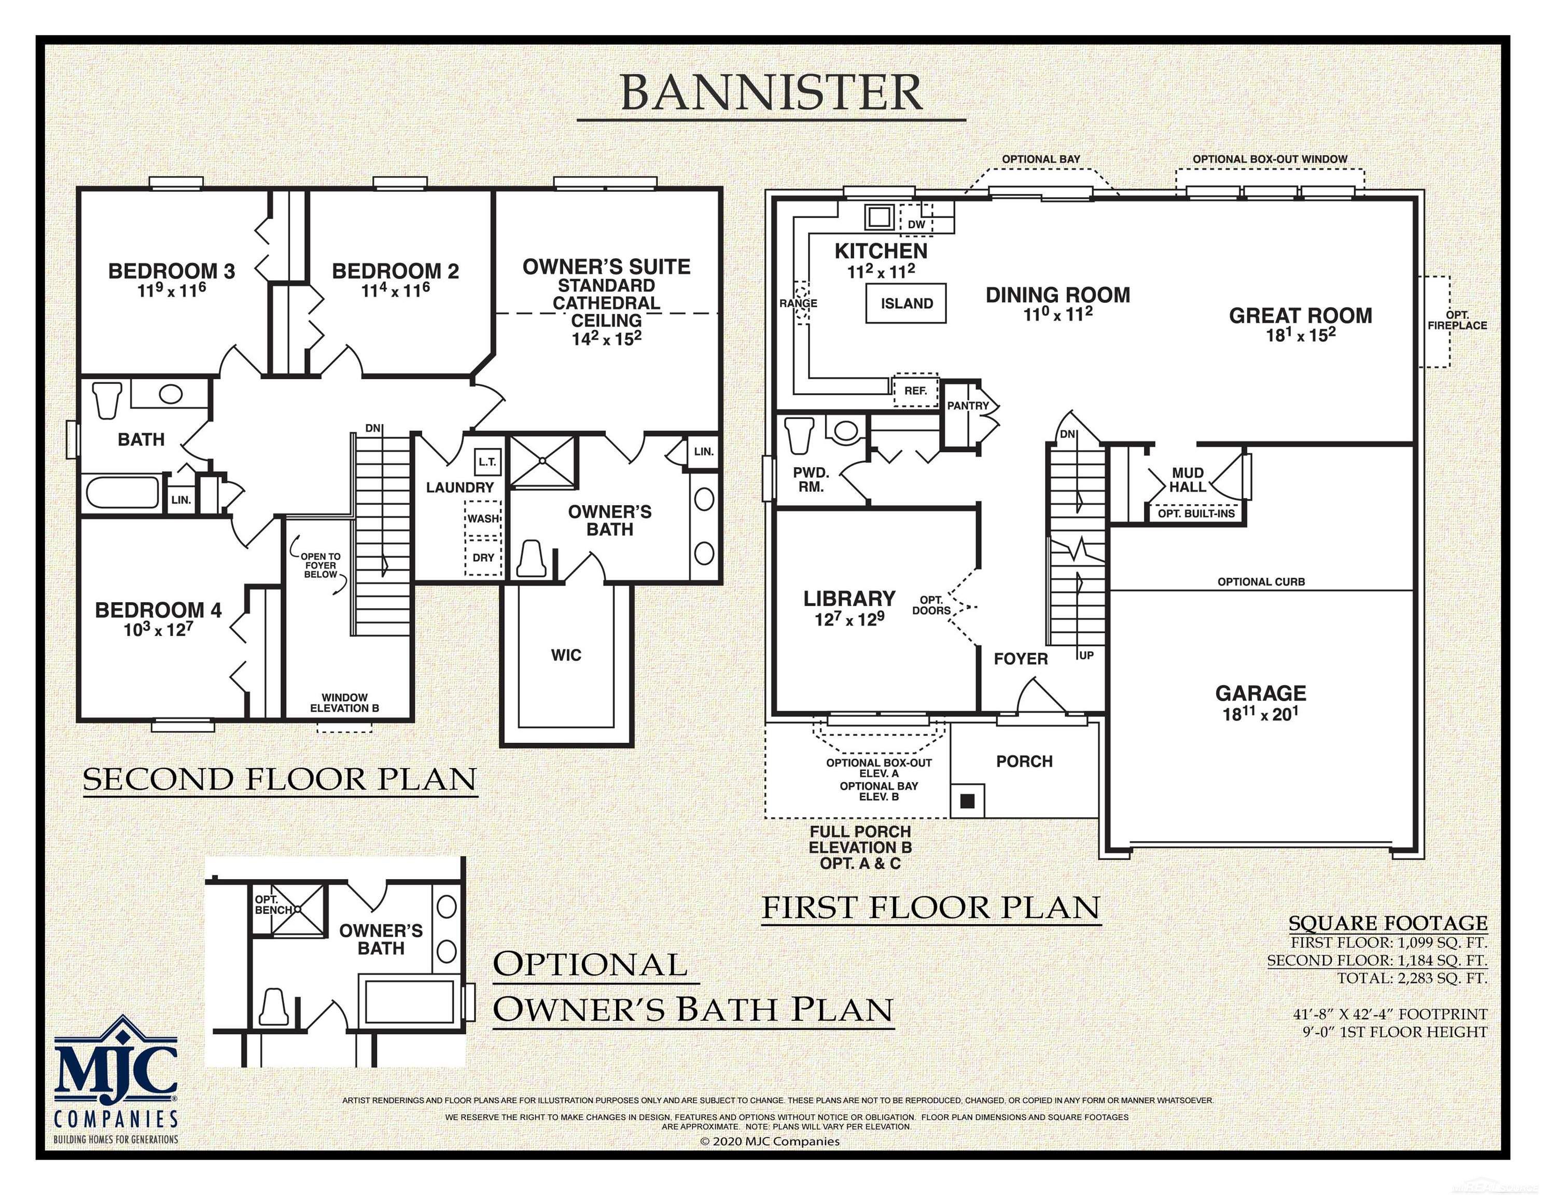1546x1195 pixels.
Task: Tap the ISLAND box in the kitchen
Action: [x=906, y=304]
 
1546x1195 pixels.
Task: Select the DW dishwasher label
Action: [x=916, y=225]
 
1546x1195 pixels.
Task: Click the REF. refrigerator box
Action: [x=915, y=390]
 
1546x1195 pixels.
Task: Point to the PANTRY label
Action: [x=968, y=406]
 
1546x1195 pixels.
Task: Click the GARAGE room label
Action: [x=1261, y=693]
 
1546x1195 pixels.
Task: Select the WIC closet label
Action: [x=566, y=656]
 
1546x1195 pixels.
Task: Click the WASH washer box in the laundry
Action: [x=483, y=518]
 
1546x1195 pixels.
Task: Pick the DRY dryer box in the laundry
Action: [x=483, y=558]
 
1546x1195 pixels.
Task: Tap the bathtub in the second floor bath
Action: [x=122, y=491]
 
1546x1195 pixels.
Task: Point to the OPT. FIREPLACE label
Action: [x=1457, y=321]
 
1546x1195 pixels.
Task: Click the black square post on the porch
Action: [x=968, y=801]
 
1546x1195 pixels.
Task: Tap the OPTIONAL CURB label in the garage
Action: [x=1261, y=582]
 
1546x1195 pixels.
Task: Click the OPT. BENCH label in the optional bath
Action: [x=272, y=904]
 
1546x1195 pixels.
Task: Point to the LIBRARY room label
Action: [x=849, y=599]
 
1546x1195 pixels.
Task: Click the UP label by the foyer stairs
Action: [x=1086, y=656]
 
